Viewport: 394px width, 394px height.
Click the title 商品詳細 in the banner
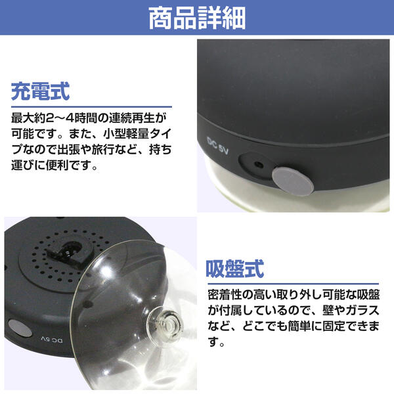tap(196, 18)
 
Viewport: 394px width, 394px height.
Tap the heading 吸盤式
tap(235, 269)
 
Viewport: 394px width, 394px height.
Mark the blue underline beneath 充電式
tap(91, 107)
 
